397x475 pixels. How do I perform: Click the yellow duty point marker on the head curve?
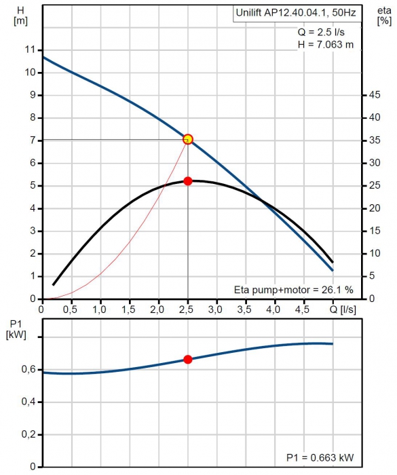[x=188, y=139]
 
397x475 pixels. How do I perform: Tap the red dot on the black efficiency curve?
[x=188, y=181]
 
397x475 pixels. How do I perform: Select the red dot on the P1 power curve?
[x=188, y=360]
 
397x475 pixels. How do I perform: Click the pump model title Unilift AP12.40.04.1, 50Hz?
[x=296, y=13]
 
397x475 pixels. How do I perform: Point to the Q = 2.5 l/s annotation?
[x=321, y=32]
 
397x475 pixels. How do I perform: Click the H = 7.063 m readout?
[x=326, y=45]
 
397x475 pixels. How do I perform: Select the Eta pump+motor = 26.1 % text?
[x=294, y=290]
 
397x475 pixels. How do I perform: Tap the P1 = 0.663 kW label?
[x=320, y=457]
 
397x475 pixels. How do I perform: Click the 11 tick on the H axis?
[x=31, y=50]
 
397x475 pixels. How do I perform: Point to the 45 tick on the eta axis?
[x=375, y=95]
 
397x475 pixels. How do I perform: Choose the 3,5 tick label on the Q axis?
[x=244, y=309]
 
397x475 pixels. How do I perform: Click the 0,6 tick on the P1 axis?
[x=29, y=370]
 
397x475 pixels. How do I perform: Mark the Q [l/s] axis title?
[x=343, y=309]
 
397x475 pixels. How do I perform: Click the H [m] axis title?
[x=20, y=16]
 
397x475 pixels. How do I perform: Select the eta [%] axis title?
[x=384, y=16]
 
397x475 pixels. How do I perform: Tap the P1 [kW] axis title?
[x=16, y=329]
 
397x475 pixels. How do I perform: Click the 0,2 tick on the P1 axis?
[x=29, y=434]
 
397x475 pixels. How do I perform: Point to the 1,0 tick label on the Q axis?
[x=99, y=309]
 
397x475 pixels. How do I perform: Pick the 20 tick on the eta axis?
[x=375, y=208]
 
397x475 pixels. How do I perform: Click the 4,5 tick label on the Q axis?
[x=302, y=309]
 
